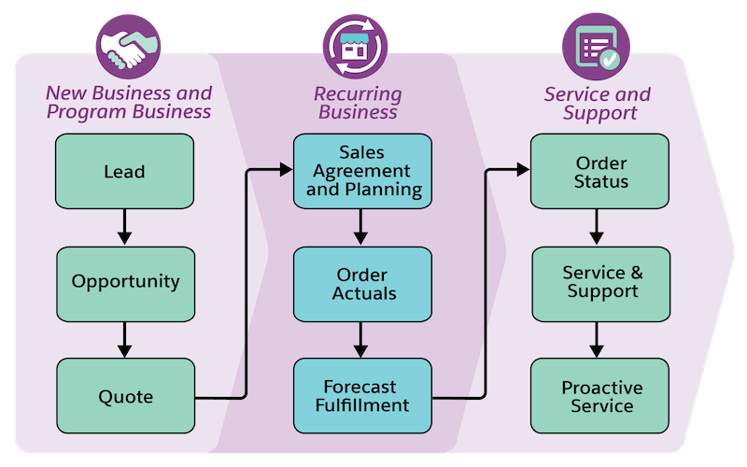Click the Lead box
click(124, 171)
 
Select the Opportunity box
click(124, 282)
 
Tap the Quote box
click(124, 396)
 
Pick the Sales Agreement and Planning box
click(362, 171)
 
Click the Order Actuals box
click(362, 283)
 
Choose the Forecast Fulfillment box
click(362, 396)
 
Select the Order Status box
click(600, 171)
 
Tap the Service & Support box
click(600, 283)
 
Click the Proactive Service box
click(600, 396)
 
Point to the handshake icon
click(124, 49)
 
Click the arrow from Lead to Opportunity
click(124, 227)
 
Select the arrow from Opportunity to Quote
click(124, 339)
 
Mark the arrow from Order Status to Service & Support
click(600, 227)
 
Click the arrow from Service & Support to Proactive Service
click(600, 339)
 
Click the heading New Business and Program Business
click(128, 103)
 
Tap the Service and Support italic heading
click(598, 103)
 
